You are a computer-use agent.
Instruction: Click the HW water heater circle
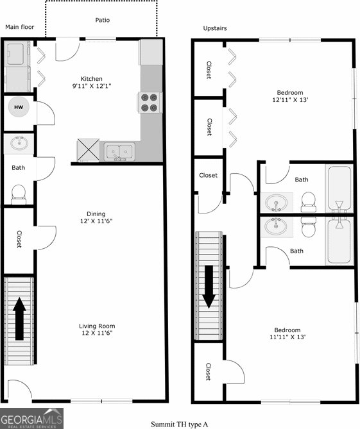point(19,107)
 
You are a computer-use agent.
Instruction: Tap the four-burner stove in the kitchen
point(150,103)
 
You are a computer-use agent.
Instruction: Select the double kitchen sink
point(119,151)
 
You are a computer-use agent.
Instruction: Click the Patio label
point(103,20)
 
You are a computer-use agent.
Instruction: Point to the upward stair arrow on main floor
point(19,319)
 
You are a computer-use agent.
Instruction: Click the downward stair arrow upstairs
point(209,287)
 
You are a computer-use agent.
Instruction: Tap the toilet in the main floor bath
point(19,194)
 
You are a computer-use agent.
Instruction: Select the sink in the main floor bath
point(19,143)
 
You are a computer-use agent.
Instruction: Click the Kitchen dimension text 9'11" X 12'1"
point(92,86)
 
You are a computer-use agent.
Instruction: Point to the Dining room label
point(96,214)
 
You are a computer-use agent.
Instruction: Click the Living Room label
point(97,326)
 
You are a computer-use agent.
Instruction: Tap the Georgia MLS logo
point(31,418)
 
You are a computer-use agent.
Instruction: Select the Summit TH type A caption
point(179,425)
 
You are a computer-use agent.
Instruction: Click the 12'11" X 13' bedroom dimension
point(290,99)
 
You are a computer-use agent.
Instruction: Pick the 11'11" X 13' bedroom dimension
point(287,337)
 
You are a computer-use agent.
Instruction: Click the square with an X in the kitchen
point(88,150)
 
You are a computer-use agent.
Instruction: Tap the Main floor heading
point(20,27)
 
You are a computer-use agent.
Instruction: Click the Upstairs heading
point(215,28)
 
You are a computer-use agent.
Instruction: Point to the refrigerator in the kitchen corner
point(151,52)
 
